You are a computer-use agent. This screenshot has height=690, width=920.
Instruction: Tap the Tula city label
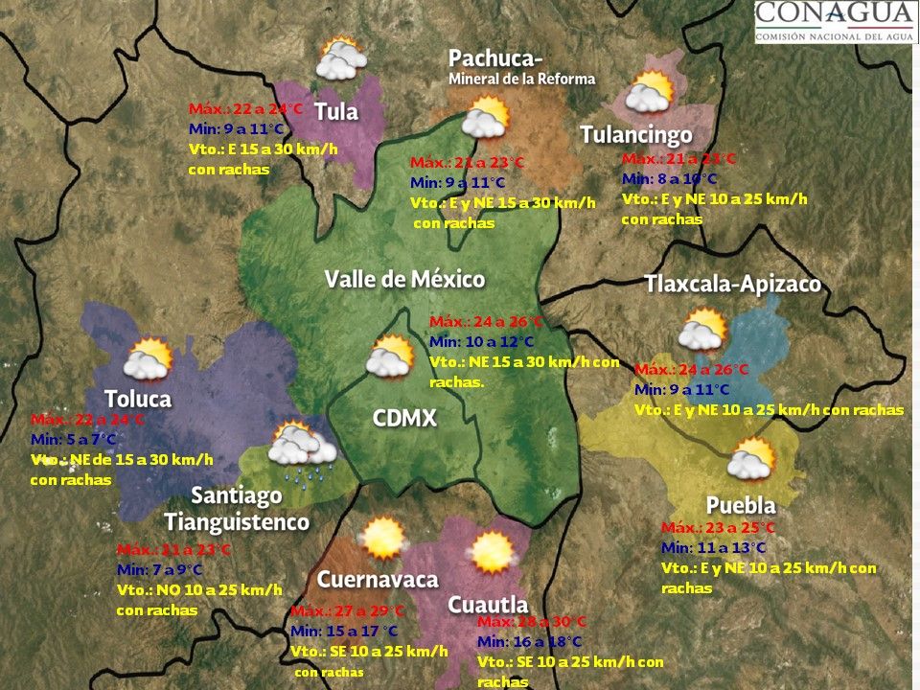click(336, 111)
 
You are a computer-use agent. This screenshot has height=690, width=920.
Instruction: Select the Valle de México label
click(404, 279)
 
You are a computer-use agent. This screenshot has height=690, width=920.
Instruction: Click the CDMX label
click(404, 418)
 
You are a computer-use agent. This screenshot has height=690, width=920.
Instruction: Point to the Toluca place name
click(138, 399)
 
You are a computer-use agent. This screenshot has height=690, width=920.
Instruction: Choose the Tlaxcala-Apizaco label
click(732, 285)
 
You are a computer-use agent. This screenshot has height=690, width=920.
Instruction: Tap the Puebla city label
click(740, 505)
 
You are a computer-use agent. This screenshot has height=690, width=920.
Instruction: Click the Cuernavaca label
click(378, 579)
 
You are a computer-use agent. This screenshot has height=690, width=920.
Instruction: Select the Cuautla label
click(488, 605)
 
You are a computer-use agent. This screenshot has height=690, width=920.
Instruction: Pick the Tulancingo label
click(635, 135)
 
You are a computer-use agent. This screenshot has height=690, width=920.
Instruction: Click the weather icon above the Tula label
click(341, 59)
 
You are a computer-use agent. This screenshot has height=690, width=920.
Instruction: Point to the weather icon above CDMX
click(390, 356)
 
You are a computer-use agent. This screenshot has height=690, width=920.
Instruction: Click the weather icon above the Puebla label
click(750, 459)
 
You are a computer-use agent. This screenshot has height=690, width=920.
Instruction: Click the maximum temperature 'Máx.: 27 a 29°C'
click(347, 611)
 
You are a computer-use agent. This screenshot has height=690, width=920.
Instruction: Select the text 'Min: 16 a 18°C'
click(529, 641)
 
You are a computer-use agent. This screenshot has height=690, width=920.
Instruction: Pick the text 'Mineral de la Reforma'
click(521, 79)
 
